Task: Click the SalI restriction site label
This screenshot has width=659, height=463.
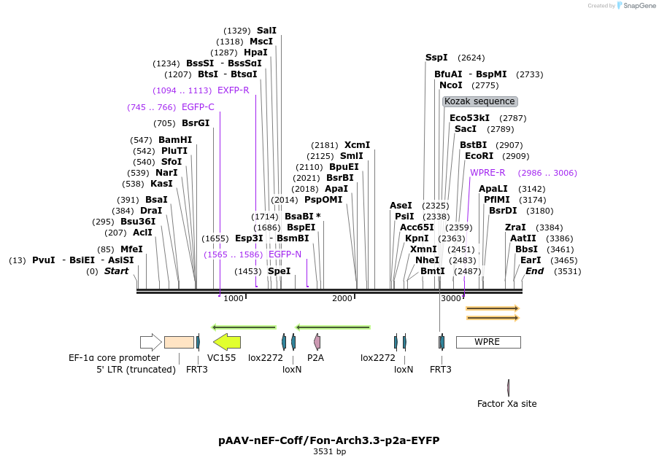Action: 266,31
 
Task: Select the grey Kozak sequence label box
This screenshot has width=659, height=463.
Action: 479,101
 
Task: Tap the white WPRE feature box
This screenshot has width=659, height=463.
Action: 487,341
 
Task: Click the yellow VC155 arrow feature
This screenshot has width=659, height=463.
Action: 226,341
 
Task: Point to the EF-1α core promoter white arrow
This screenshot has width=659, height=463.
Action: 150,341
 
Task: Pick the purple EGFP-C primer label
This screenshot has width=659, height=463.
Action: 198,107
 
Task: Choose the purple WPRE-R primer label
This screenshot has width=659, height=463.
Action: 487,173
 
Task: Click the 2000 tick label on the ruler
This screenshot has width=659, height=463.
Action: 342,298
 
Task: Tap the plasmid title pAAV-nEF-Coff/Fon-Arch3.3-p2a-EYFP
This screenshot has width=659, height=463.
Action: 328,440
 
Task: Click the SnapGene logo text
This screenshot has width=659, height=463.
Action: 639,6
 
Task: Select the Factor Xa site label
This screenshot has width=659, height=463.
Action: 506,403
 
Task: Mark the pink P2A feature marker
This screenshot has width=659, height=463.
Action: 317,341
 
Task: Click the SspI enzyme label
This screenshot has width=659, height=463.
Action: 436,58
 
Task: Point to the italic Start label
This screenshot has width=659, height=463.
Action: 116,271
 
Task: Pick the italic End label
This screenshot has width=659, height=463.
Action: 534,271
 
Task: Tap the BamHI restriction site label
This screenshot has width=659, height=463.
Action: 175,140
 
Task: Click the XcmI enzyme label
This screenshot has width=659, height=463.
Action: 357,145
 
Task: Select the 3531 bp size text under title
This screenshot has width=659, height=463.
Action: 329,452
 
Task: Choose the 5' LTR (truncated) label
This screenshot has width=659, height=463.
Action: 136,370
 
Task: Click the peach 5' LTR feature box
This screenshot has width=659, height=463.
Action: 179,341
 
